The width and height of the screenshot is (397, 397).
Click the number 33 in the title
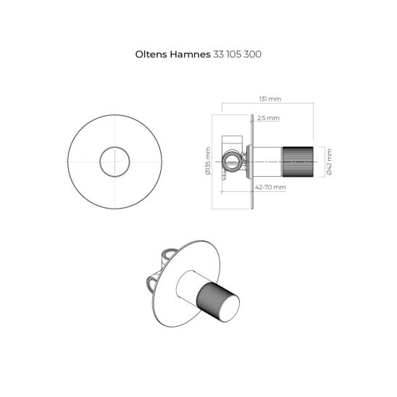click(x=217, y=54)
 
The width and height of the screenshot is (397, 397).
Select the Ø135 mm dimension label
click(x=208, y=162)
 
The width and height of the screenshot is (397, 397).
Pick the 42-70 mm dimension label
click(x=270, y=187)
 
